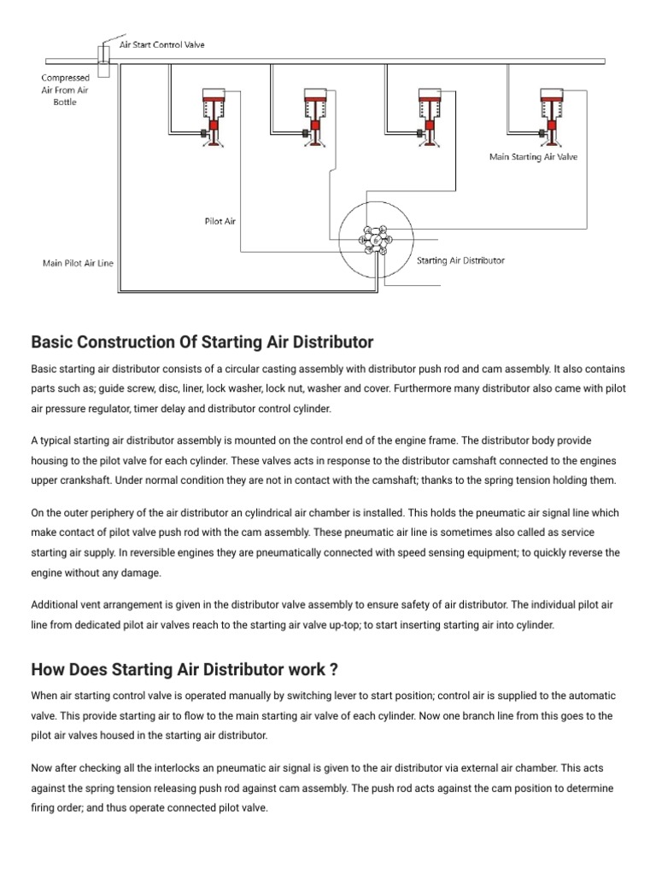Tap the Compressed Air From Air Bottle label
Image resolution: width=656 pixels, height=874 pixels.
point(66,90)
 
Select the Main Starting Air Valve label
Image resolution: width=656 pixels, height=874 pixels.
point(533,157)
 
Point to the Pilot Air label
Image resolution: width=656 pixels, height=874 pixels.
point(220,221)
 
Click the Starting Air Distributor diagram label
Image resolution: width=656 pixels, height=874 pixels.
point(460,260)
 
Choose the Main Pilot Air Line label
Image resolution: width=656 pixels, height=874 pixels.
point(78,263)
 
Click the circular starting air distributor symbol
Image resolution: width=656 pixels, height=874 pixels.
point(375,241)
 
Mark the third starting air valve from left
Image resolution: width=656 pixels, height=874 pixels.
point(429,117)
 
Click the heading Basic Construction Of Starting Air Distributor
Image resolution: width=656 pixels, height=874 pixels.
point(202,342)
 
